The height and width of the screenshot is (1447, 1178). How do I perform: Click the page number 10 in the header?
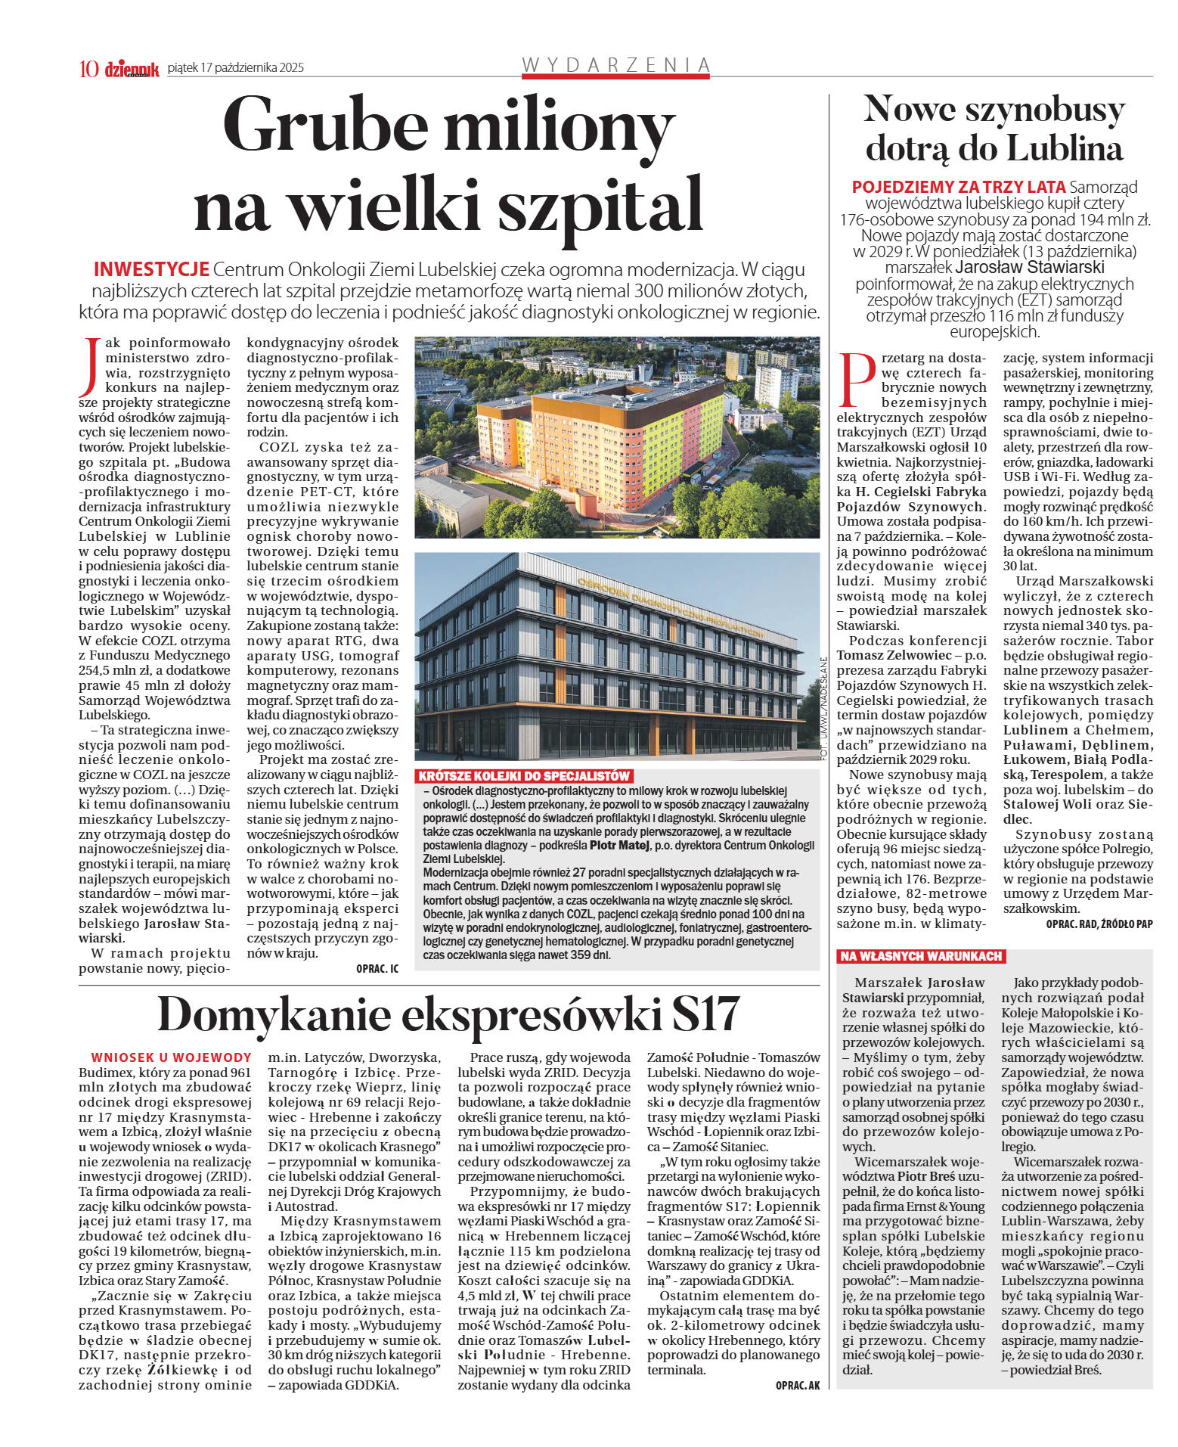click(88, 69)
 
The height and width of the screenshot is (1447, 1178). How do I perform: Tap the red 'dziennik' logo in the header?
click(132, 69)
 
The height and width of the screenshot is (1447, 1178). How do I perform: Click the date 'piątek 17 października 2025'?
click(235, 68)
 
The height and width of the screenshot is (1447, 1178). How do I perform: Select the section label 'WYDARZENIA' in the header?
click(615, 66)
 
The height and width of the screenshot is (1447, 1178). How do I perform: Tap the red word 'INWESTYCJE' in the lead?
click(151, 270)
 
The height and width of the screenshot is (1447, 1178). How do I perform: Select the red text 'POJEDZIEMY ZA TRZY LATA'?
click(959, 187)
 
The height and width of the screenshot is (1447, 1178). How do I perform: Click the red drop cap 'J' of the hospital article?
click(91, 366)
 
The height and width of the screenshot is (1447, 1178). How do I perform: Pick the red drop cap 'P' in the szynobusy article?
click(857, 379)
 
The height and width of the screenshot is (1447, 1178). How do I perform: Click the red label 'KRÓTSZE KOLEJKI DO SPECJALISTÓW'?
click(524, 776)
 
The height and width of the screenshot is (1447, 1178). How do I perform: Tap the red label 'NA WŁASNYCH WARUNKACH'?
click(921, 956)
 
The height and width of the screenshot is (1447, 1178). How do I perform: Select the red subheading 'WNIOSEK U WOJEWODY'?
click(171, 1057)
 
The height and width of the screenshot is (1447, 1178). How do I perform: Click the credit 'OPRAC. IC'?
click(377, 968)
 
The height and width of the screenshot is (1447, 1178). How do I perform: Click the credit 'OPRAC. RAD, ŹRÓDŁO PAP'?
click(1099, 924)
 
